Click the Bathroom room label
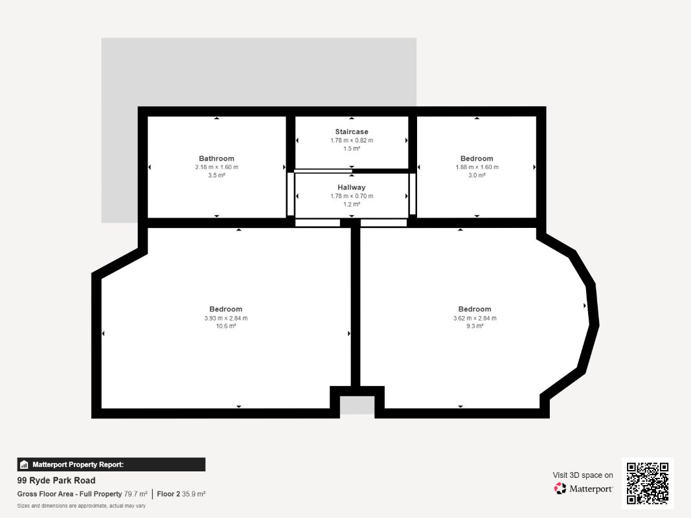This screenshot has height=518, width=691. (216, 159)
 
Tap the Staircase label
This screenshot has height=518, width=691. (352, 131)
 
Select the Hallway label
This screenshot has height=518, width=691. (352, 187)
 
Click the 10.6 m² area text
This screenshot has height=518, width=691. (225, 326)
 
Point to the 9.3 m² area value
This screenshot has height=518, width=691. (475, 326)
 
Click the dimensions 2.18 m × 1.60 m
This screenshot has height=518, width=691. (216, 167)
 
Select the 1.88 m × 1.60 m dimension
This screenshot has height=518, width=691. (477, 167)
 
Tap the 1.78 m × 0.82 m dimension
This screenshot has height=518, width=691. (352, 140)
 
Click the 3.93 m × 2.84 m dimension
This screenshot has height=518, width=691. (225, 318)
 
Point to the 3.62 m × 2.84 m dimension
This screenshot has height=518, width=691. (475, 318)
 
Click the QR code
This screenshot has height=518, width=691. (648, 483)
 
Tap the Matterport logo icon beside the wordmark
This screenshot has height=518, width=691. (560, 488)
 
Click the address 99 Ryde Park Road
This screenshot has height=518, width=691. (56, 480)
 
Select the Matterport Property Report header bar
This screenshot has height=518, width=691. (111, 464)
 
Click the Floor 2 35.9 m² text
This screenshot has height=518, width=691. (181, 494)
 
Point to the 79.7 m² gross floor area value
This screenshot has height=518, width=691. (136, 494)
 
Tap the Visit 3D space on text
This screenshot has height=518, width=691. (583, 475)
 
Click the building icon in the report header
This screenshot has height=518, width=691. (24, 465)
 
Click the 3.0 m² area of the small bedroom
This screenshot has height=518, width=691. (477, 175)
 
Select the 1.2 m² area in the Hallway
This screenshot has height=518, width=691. (352, 205)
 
